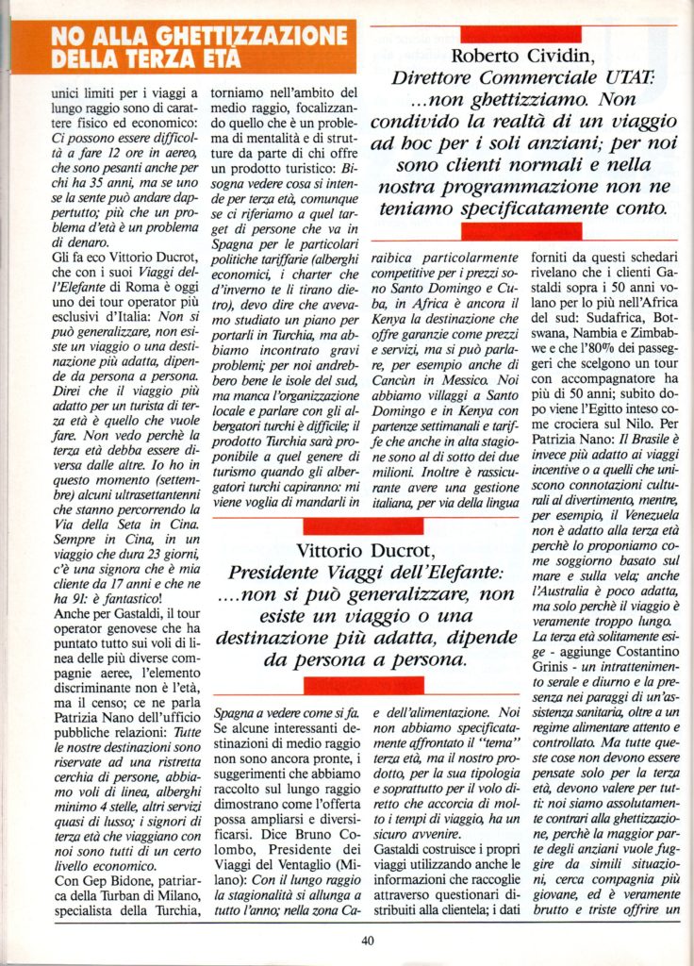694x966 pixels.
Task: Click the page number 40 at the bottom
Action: click(x=368, y=939)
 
